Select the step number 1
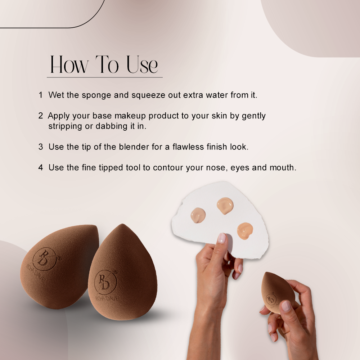(41, 95)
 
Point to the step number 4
(41, 168)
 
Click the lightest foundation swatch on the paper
(198, 215)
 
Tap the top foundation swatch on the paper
(225, 206)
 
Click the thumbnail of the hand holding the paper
(221, 238)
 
